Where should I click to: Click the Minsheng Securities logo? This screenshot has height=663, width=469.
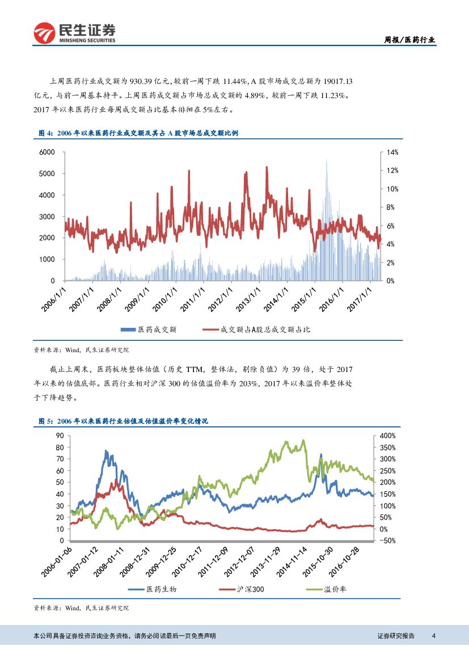click(x=74, y=33)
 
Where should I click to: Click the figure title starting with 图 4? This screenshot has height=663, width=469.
click(x=138, y=133)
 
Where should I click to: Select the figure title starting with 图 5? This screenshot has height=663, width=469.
click(x=123, y=421)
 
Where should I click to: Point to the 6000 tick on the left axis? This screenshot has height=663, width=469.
click(x=47, y=152)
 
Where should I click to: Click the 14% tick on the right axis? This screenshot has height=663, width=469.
click(x=393, y=152)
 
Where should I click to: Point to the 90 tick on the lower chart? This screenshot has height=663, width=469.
click(x=60, y=436)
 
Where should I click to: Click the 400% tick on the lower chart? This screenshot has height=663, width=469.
click(x=388, y=436)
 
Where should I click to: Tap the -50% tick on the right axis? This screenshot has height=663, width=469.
click(x=387, y=540)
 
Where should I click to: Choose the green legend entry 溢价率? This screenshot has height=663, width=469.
click(x=335, y=589)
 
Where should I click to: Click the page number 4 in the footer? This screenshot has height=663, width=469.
click(x=433, y=635)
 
